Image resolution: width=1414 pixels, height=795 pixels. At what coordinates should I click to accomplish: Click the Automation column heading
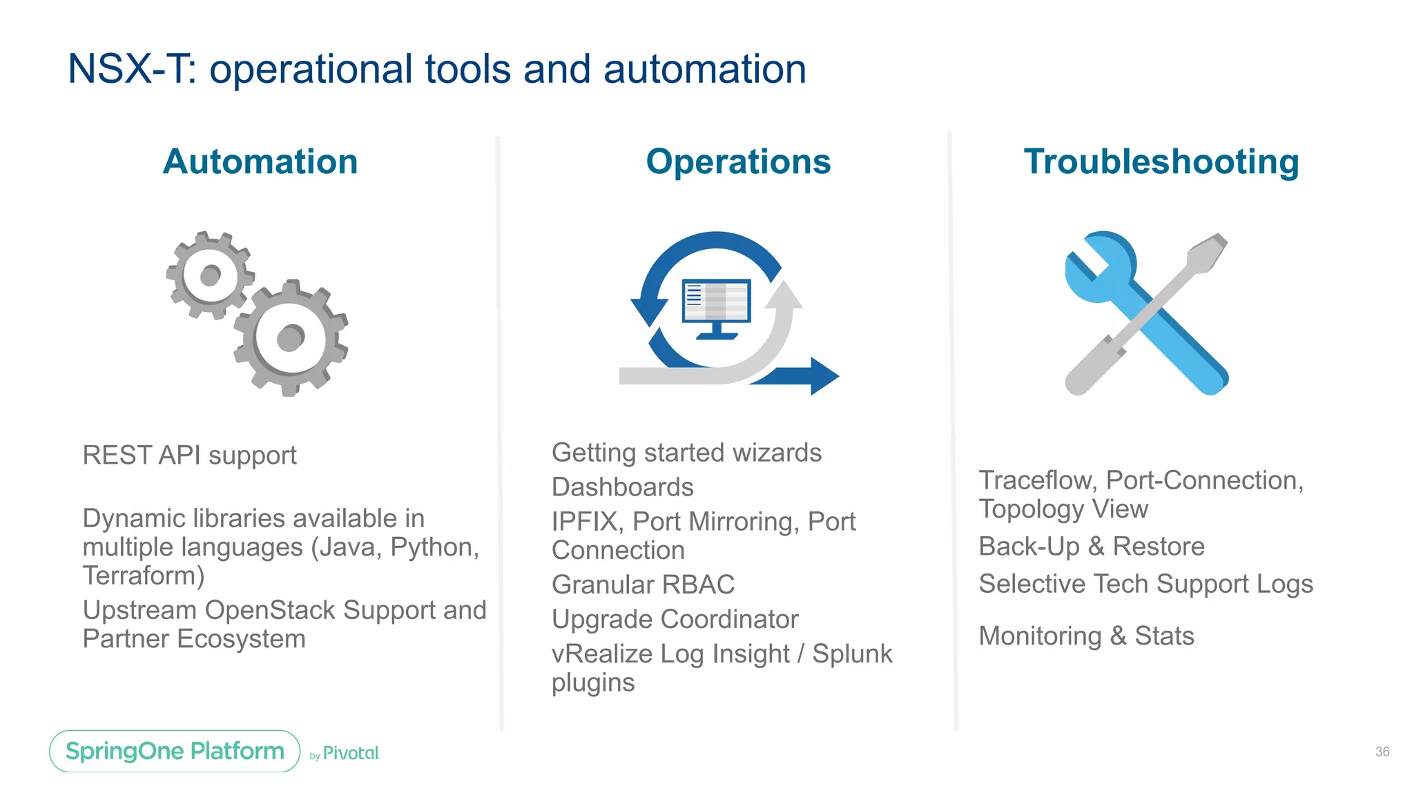[260, 162]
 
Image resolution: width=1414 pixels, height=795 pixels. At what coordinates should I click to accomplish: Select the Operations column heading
[738, 162]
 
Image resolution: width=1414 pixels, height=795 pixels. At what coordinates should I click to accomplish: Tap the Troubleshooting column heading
[1161, 162]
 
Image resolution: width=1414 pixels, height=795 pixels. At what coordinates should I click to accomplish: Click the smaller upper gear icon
[210, 275]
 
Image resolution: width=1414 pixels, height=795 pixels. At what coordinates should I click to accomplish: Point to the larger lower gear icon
[291, 338]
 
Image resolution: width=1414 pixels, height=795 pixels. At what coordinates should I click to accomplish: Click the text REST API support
[189, 455]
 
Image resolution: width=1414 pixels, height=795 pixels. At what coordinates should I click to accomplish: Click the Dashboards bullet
[622, 487]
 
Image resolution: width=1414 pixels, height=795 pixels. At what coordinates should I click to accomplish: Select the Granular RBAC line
[643, 585]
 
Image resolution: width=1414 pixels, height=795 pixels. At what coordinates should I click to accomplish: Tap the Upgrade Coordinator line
[675, 619]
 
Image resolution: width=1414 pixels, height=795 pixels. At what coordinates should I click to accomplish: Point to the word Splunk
[852, 654]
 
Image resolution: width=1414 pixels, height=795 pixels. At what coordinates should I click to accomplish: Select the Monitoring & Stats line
[1086, 636]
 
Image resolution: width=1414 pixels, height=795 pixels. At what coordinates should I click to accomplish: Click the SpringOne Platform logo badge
[175, 751]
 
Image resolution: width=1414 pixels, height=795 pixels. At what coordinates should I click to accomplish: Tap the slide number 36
[1382, 752]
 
